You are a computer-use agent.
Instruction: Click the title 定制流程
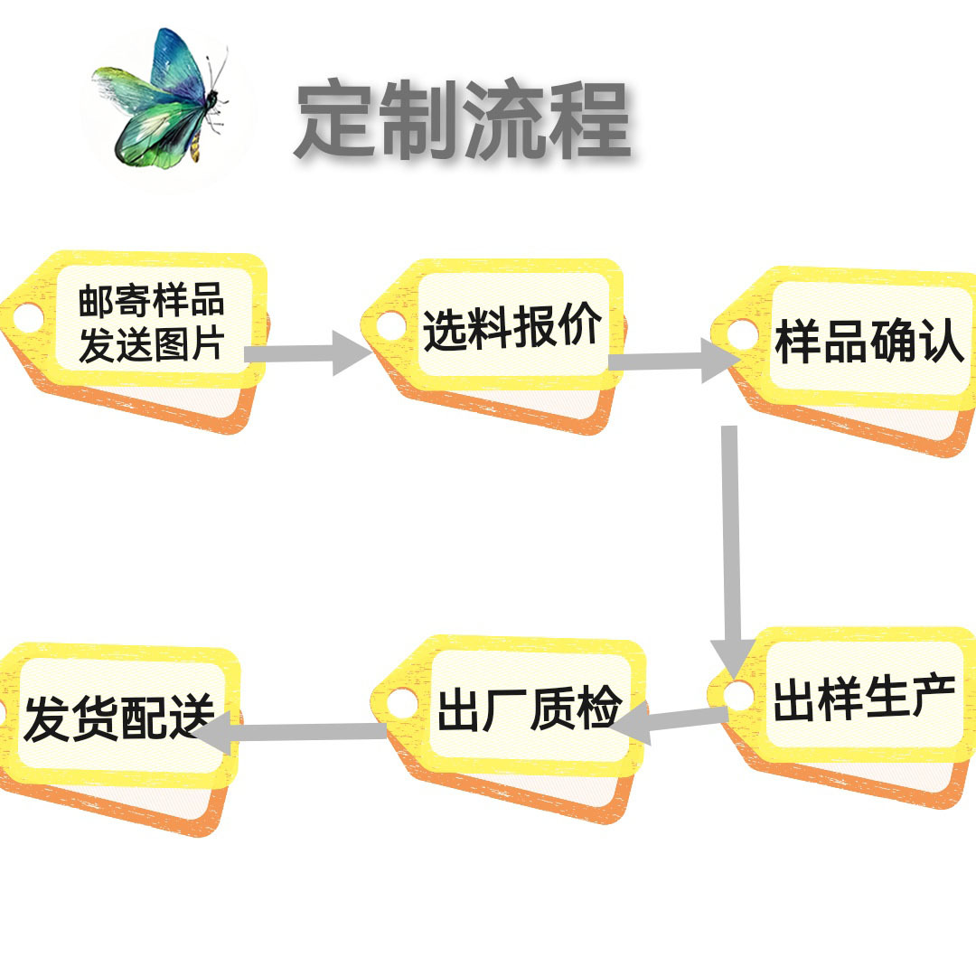click(462, 122)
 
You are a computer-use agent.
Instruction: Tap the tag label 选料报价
click(512, 328)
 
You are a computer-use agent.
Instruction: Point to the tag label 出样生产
click(864, 699)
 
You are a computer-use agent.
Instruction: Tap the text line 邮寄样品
click(151, 301)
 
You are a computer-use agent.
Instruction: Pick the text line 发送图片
click(151, 344)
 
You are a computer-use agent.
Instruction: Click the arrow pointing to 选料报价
click(307, 352)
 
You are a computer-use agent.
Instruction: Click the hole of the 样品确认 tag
click(743, 335)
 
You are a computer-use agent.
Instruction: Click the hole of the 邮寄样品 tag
click(27, 316)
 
